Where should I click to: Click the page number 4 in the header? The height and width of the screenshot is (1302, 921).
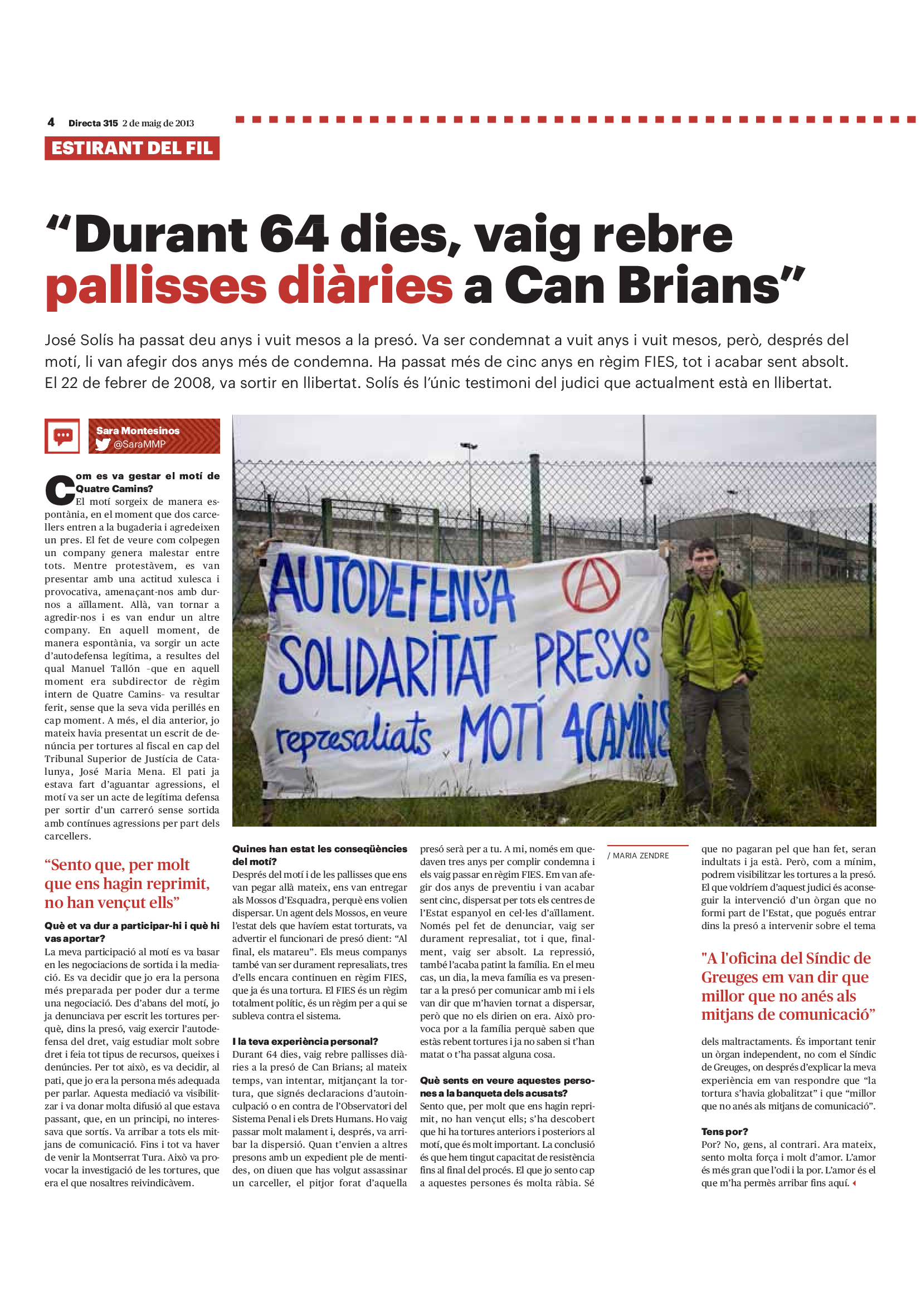point(51,122)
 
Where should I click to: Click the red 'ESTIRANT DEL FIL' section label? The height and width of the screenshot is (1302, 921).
point(131,149)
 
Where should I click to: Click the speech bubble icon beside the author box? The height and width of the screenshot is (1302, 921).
point(62,436)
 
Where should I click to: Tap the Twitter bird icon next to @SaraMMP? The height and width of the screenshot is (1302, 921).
point(103,444)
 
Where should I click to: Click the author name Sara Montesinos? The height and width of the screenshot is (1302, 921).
point(137,431)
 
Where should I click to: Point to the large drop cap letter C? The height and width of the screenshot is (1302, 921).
point(60,490)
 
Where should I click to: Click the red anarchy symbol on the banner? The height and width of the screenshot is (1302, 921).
point(591,584)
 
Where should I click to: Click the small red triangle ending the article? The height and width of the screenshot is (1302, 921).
point(854,1183)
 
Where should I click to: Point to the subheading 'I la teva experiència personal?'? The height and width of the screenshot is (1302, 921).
point(305,1041)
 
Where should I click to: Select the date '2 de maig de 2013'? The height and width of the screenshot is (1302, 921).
point(158,123)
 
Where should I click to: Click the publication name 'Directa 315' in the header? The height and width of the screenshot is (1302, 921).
point(93,123)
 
